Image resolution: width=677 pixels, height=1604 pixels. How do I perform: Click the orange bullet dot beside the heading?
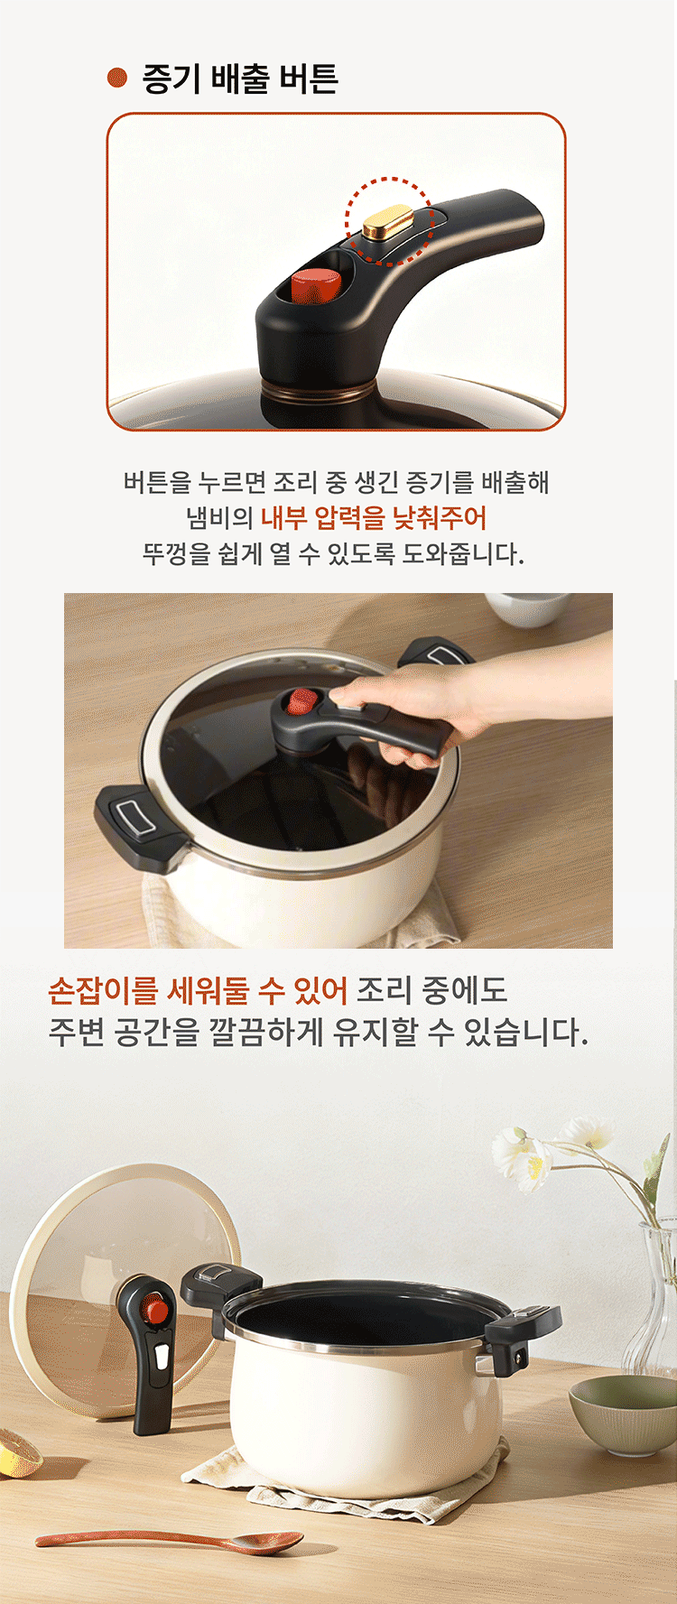(116, 78)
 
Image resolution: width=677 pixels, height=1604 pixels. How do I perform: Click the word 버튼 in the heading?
(308, 79)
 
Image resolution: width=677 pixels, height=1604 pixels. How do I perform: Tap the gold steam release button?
(388, 220)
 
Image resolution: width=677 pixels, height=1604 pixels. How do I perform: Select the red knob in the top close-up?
(316, 285)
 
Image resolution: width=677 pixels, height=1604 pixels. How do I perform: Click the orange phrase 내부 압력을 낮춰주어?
(374, 517)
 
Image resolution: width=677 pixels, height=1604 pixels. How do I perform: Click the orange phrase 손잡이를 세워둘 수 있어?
(198, 990)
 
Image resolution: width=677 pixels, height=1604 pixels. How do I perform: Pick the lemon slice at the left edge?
(18, 1451)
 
